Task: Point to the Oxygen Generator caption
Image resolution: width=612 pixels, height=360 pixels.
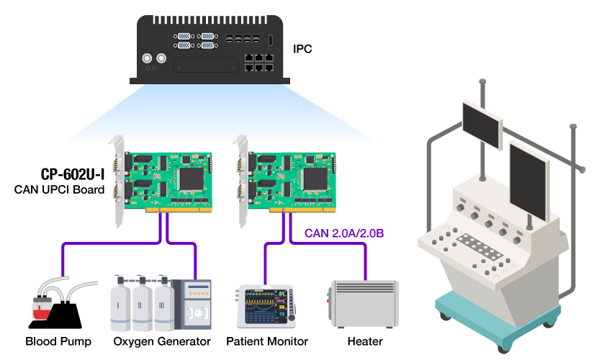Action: coord(162,341)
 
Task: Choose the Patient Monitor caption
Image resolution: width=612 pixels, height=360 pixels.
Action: coord(267,341)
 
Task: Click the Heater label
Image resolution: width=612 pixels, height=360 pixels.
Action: coord(365,341)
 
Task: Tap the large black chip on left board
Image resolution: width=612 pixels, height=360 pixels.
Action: coord(191,177)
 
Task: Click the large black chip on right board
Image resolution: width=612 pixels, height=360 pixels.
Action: coord(315,177)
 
